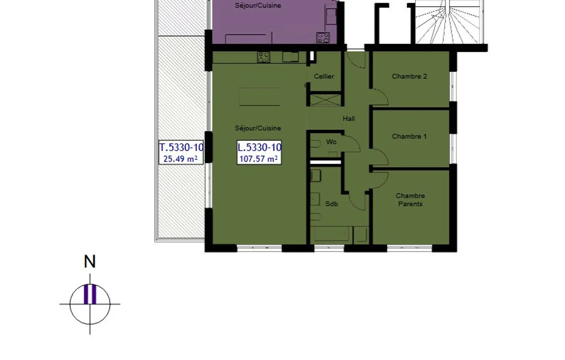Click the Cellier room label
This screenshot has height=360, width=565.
(x=324, y=76)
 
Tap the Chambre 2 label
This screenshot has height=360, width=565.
(x=409, y=76)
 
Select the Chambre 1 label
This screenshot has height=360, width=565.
(x=409, y=136)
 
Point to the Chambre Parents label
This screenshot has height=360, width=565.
(x=410, y=200)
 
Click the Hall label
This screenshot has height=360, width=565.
(x=348, y=118)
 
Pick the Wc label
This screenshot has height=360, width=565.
(x=331, y=142)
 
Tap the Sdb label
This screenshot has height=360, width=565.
(x=332, y=204)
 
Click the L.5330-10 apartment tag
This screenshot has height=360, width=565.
(x=259, y=147)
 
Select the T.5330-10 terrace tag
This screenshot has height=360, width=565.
(x=181, y=147)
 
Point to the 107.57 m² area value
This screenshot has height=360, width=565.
(x=259, y=159)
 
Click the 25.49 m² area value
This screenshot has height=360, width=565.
(x=180, y=159)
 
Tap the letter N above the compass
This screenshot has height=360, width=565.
(x=90, y=262)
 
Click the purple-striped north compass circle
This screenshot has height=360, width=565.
(x=90, y=304)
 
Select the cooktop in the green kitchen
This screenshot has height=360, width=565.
(x=264, y=57)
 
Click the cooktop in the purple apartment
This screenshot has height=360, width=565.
(x=323, y=38)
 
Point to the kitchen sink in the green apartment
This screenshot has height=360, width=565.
(x=291, y=57)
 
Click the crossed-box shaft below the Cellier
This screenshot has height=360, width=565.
(x=326, y=100)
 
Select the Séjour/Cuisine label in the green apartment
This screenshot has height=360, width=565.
(x=258, y=128)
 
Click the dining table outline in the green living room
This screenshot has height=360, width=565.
(x=259, y=96)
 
